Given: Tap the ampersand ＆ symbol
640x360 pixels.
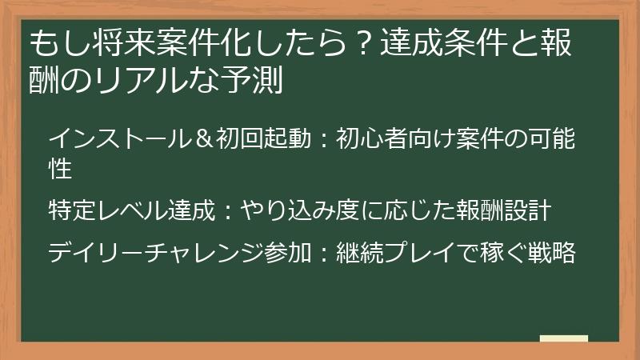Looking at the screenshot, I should [203, 139].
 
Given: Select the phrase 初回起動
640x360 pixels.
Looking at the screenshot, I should [261, 139].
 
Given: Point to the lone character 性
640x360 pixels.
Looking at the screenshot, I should [61, 169].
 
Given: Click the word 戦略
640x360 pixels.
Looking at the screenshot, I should [553, 254].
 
